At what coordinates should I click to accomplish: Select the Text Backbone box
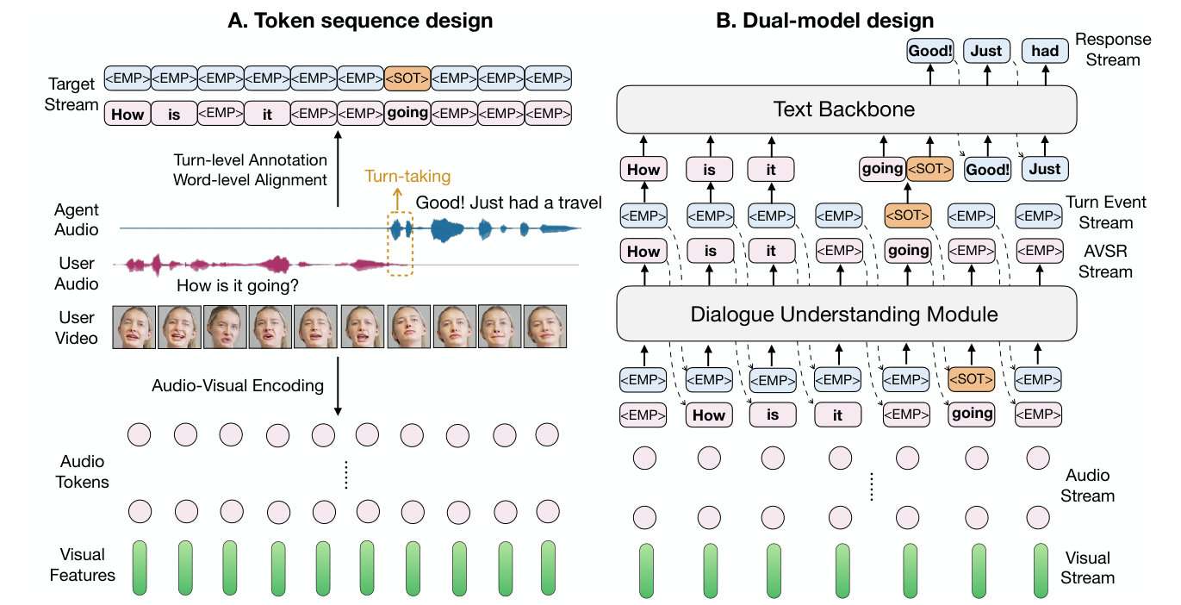(843, 109)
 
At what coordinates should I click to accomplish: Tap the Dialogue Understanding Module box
(843, 314)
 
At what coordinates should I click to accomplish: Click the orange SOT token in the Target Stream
(407, 79)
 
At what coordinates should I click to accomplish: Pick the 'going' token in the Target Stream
(407, 113)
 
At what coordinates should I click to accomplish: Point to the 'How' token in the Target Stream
(127, 113)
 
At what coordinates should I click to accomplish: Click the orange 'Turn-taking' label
(407, 177)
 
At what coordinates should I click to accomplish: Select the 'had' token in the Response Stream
(1045, 51)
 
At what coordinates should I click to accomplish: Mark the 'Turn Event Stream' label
(1106, 212)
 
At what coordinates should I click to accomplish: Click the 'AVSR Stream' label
(1106, 261)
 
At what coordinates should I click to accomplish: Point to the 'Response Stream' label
(1113, 49)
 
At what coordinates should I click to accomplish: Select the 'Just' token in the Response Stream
(986, 51)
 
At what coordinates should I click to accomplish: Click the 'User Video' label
(78, 327)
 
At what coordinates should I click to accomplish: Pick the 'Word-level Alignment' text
(251, 179)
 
